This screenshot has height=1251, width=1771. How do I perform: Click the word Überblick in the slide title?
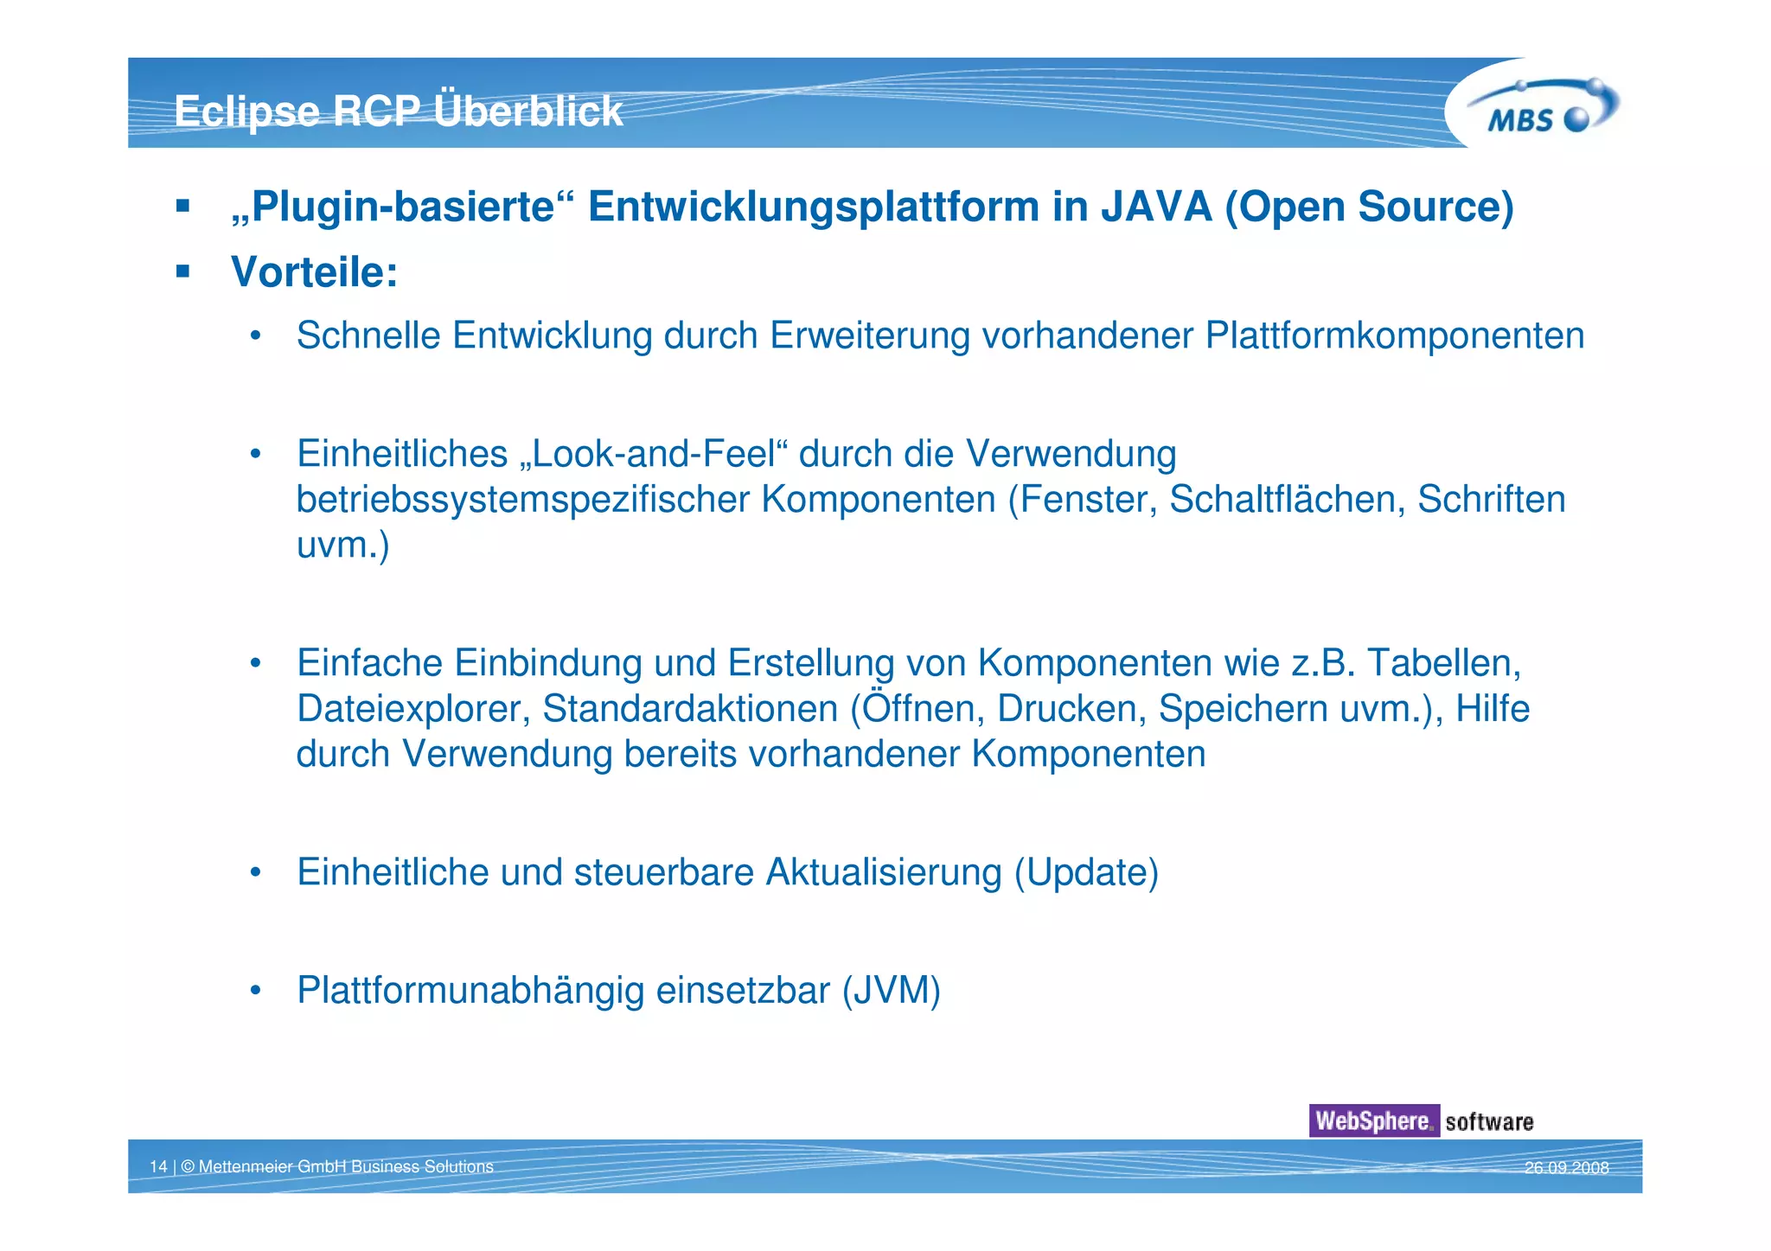pos(527,111)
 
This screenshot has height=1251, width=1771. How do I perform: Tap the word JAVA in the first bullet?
pos(1156,207)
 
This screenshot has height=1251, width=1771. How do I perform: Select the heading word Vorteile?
pos(314,272)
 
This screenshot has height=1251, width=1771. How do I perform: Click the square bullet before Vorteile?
pos(182,272)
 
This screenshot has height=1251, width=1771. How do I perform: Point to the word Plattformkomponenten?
pos(1394,335)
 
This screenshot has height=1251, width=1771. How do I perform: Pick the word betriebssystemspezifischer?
pos(522,500)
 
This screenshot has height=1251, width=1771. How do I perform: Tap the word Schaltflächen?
pos(1286,500)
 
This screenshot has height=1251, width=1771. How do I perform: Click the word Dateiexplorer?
pos(412,709)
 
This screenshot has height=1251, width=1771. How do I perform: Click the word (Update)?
pos(1085,872)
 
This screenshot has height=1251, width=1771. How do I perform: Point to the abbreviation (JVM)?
pos(891,991)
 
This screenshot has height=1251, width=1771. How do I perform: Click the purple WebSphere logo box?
pos(1373,1121)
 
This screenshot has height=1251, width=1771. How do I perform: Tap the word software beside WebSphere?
pos(1489,1122)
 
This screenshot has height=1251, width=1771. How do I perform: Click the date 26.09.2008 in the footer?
pos(1566,1168)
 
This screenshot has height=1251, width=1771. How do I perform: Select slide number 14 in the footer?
pos(158,1167)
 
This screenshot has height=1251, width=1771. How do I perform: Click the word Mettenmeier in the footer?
pos(246,1167)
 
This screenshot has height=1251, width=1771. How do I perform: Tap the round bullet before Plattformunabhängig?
pos(255,991)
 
